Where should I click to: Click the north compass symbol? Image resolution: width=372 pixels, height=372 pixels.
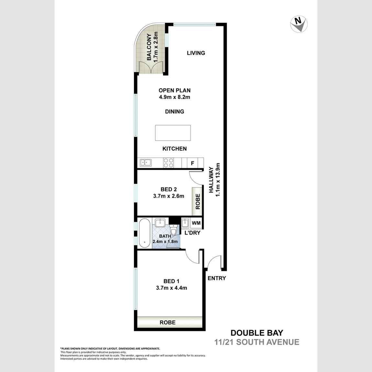(299, 24)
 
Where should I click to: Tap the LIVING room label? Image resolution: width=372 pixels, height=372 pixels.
(196, 53)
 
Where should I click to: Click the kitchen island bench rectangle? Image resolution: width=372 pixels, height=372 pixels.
(173, 133)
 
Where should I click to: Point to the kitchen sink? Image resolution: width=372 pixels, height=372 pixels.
(145, 162)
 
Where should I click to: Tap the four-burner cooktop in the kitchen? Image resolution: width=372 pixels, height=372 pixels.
(168, 162)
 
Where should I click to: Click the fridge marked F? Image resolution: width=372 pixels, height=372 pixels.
(192, 163)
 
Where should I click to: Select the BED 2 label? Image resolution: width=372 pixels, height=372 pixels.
(169, 189)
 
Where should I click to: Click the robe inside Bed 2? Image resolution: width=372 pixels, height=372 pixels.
(198, 201)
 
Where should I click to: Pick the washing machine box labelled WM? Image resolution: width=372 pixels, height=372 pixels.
(196, 223)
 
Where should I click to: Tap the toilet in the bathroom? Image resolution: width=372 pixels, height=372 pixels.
(174, 230)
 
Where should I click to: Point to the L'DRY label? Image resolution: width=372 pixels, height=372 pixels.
(192, 233)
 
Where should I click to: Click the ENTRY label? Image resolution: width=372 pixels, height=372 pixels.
(217, 278)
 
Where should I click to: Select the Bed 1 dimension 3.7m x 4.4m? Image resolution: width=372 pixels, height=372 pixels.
(171, 288)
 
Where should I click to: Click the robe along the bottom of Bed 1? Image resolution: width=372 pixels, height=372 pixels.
(168, 322)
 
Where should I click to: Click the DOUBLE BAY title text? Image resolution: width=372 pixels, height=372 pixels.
(257, 333)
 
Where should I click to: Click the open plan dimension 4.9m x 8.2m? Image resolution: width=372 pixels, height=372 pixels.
(174, 97)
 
